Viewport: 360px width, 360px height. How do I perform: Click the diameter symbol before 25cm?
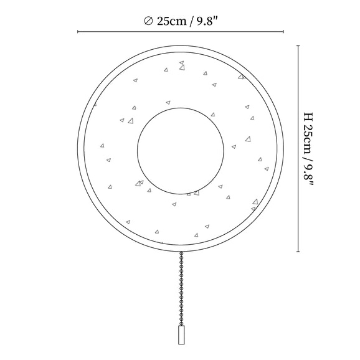point(148,21)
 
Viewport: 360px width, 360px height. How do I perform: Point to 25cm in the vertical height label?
point(308,140)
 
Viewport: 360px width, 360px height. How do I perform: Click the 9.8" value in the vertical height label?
point(308,175)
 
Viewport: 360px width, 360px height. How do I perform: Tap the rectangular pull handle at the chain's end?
point(181,334)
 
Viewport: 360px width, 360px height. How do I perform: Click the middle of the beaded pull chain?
point(181,288)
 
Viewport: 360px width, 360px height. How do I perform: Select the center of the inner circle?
point(181,151)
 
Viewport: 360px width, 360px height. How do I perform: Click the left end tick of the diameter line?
point(78,32)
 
